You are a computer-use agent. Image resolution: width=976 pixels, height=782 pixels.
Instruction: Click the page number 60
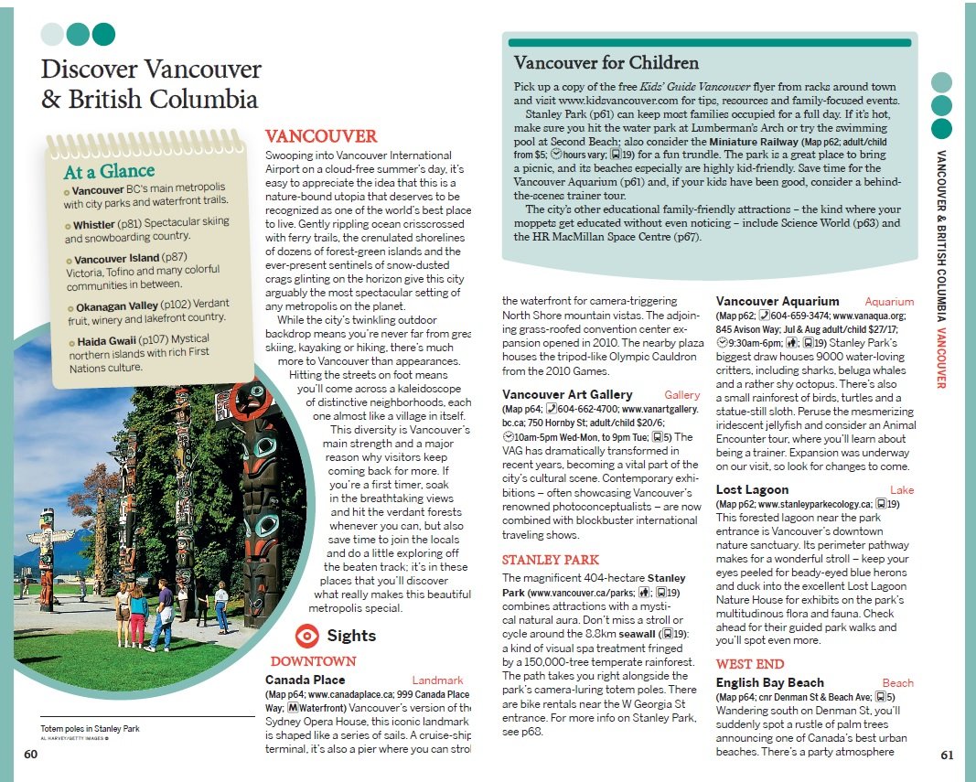[31, 755]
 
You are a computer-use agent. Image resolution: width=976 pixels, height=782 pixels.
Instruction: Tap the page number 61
[947, 755]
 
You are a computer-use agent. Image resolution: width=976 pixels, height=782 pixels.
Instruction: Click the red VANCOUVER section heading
[320, 136]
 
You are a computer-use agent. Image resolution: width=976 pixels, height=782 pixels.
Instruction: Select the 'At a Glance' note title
[102, 171]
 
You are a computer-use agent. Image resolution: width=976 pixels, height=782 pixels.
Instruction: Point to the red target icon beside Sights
[308, 636]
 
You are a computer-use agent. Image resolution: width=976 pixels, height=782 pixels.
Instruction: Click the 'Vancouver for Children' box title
[606, 63]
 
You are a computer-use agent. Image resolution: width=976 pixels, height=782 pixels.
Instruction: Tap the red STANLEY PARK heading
[551, 560]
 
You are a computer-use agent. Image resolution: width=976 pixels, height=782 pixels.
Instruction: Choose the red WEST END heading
[749, 664]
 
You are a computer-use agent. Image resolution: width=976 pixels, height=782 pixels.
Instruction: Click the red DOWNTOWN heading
[313, 661]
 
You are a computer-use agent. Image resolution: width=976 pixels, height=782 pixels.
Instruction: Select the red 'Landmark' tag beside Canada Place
[437, 680]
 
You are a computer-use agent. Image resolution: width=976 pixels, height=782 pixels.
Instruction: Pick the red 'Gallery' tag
[682, 395]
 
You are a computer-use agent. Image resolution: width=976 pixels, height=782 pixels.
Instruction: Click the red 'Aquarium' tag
[889, 302]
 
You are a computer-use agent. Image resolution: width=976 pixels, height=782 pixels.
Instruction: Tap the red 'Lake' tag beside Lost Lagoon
[902, 490]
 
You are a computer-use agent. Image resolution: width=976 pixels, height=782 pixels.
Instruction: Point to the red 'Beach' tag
[897, 683]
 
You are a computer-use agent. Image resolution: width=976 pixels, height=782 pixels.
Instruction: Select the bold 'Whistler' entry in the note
[93, 225]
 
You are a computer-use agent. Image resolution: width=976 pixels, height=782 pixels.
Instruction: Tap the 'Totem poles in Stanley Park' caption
[90, 729]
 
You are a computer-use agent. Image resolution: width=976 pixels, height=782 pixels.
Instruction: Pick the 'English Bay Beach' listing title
[769, 683]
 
